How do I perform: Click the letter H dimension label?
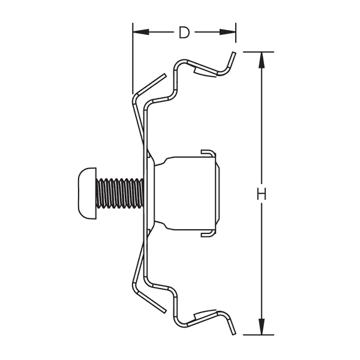(261, 194)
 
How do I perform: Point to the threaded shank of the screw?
(120, 193)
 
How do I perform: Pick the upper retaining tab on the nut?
(207, 153)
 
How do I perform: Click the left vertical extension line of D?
(132, 60)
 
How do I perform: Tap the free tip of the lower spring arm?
(163, 311)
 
